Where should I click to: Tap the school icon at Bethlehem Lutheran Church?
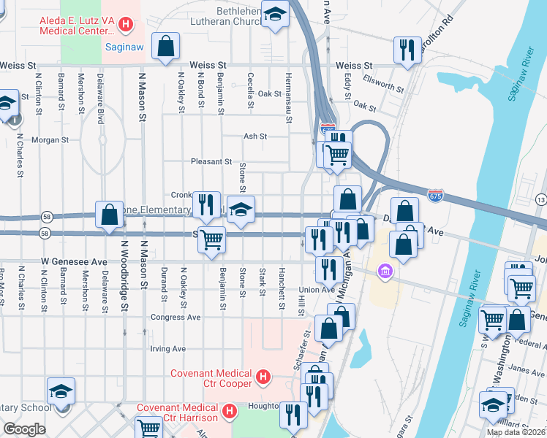pyautogui.click(x=276, y=15)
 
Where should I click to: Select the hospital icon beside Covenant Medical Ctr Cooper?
pyautogui.click(x=265, y=379)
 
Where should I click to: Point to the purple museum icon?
pyautogui.click(x=384, y=272)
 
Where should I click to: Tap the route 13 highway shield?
pyautogui.click(x=540, y=199)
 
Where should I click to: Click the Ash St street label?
pyautogui.click(x=254, y=136)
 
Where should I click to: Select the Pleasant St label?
pyautogui.click(x=211, y=161)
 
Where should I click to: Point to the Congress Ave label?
pyautogui.click(x=175, y=318)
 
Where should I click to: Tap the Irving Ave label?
pyautogui.click(x=167, y=349)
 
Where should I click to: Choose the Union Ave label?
pyautogui.click(x=317, y=290)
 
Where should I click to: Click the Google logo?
pyautogui.click(x=23, y=429)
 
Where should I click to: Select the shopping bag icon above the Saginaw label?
pyautogui.click(x=166, y=46)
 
